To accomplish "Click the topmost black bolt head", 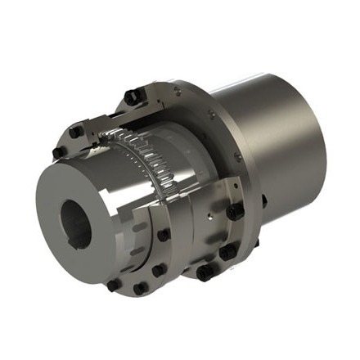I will pyautogui.click(x=131, y=97).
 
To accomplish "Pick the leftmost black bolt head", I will pyautogui.click(x=59, y=152).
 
